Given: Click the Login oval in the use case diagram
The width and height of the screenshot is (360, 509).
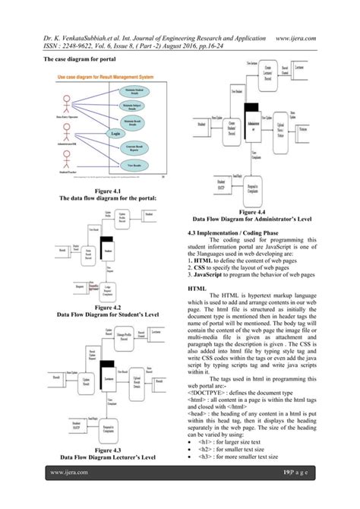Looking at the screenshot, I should [115, 134].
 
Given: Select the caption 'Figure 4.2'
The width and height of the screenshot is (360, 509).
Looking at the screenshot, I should [107, 306].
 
